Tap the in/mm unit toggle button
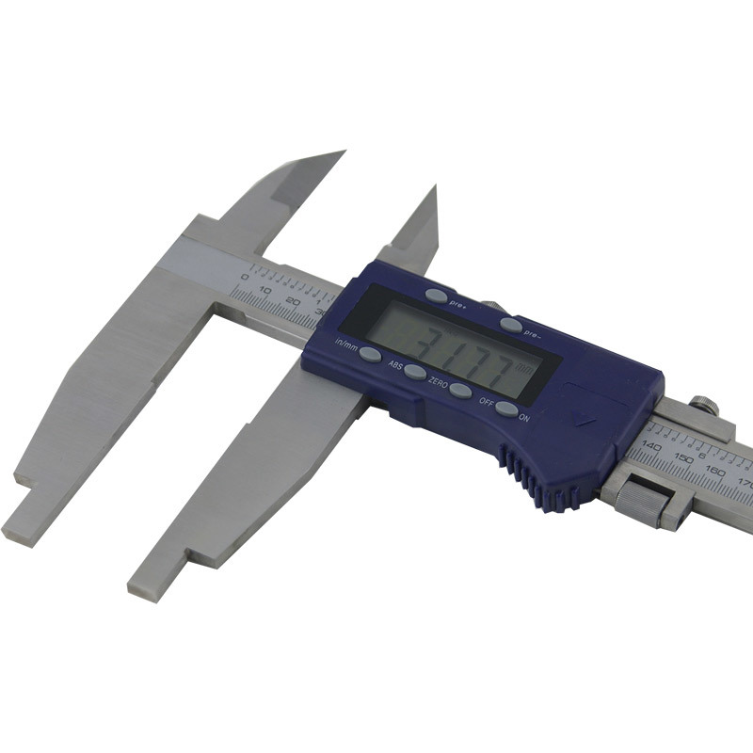370,355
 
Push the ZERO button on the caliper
459,390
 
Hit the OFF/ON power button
505,409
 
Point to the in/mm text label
345,344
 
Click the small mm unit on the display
534,370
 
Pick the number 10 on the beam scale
266,289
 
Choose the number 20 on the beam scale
292,301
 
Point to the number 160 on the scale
715,472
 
